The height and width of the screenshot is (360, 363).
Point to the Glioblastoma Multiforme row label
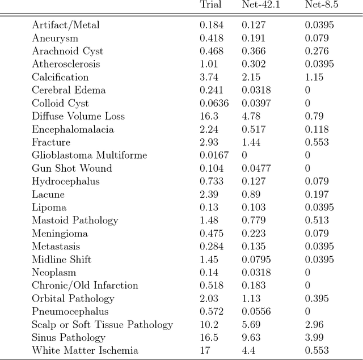pos(89,155)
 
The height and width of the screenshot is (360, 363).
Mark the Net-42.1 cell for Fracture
pos(251,142)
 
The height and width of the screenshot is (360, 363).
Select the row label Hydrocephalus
pos(65,181)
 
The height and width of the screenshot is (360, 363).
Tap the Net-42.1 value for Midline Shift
pos(256,260)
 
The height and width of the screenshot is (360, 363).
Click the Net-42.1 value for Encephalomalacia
pos(254,129)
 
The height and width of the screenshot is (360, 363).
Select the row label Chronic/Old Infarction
pos(85,286)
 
